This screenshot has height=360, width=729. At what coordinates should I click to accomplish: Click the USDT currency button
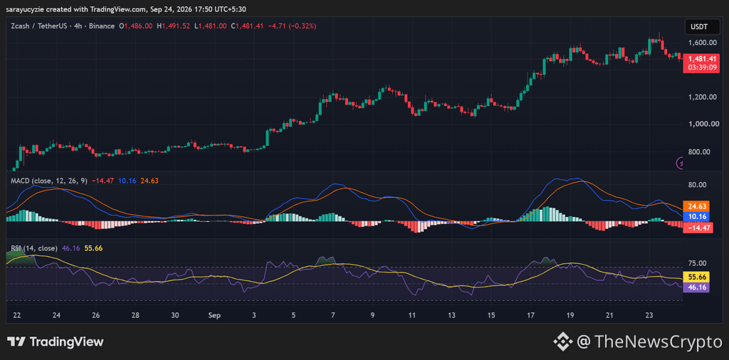tap(699, 27)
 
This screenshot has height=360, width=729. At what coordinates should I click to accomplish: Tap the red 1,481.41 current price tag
tap(698, 63)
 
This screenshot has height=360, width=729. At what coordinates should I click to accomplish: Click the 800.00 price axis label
tap(701, 152)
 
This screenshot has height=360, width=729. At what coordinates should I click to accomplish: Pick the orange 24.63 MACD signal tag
tap(698, 206)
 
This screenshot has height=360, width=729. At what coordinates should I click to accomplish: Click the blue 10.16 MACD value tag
tap(698, 217)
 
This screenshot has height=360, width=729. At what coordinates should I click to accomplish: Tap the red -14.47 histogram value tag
tap(698, 228)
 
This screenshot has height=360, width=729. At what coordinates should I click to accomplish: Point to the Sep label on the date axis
tap(214, 315)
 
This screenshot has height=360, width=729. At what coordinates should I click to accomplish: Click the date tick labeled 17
tap(531, 315)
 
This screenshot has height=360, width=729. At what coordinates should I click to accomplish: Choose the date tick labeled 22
tap(17, 315)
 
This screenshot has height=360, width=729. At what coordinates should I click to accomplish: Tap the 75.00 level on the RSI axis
tap(699, 263)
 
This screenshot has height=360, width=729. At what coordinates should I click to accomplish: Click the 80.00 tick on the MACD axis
tap(699, 185)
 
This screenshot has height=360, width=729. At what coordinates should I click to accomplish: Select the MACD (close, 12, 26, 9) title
tap(49, 181)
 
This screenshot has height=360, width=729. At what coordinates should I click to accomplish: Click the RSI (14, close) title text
tap(33, 248)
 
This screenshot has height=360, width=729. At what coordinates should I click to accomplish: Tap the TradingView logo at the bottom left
tap(56, 342)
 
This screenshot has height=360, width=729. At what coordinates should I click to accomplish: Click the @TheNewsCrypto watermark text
tap(649, 342)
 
